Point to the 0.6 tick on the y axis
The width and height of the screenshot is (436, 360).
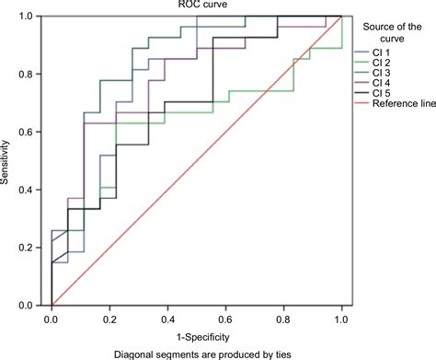coord(35,133)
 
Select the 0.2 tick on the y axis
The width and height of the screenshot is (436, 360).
coord(35,248)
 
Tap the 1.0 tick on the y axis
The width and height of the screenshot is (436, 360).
coord(35,17)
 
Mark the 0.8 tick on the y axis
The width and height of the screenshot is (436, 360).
coord(35,75)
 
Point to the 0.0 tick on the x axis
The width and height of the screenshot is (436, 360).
coord(52,319)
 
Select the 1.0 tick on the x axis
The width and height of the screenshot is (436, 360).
coord(341,319)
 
